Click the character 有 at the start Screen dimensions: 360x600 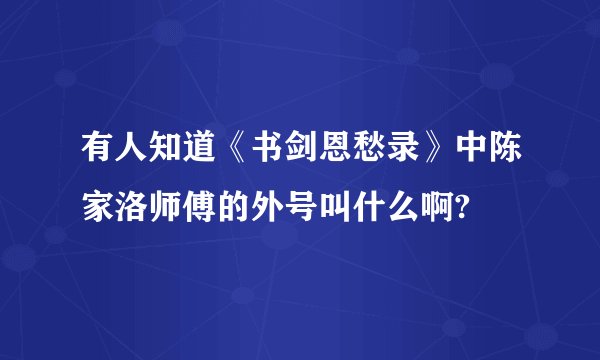pos(97,158)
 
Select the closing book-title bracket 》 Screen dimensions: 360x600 pos(410,158)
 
